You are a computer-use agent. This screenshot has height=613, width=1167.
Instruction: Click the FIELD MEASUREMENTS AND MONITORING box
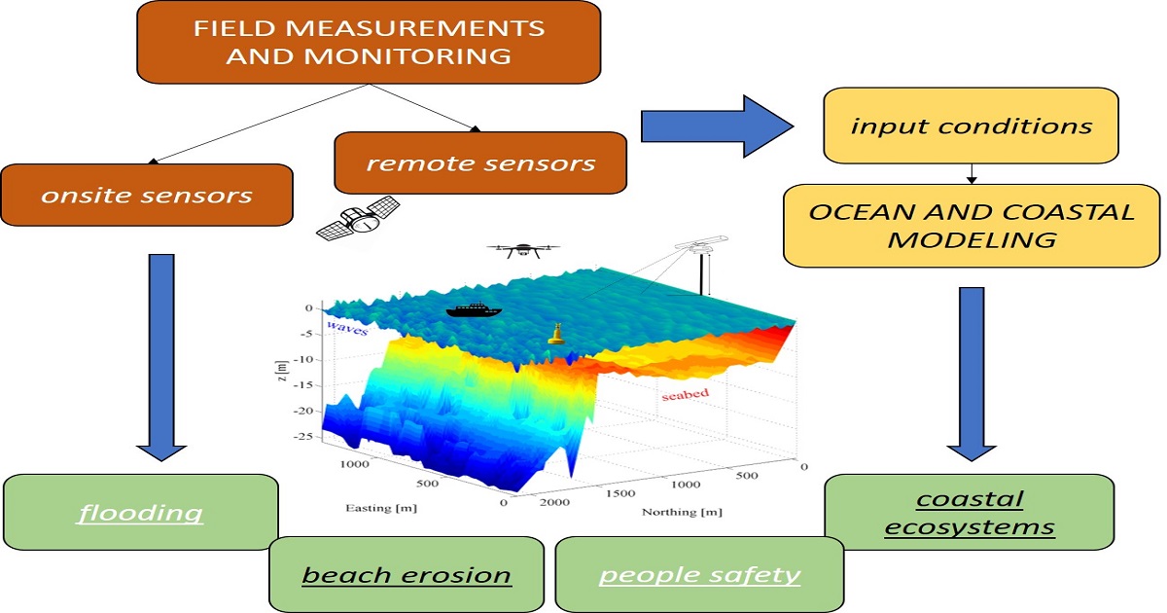coord(368,42)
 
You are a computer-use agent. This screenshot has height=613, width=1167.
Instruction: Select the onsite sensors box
coord(147,195)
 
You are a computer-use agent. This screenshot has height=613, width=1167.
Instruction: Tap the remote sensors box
coord(480,162)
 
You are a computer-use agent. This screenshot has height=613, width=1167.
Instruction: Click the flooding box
coord(141,513)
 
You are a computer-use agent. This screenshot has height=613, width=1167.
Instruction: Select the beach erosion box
coord(406,575)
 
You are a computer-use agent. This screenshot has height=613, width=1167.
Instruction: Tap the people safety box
coord(699,575)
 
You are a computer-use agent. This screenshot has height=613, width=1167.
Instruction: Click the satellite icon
coord(359,220)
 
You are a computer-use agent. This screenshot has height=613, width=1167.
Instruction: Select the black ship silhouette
coord(473,311)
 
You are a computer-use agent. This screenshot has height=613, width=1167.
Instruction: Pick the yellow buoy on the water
coord(557,334)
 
